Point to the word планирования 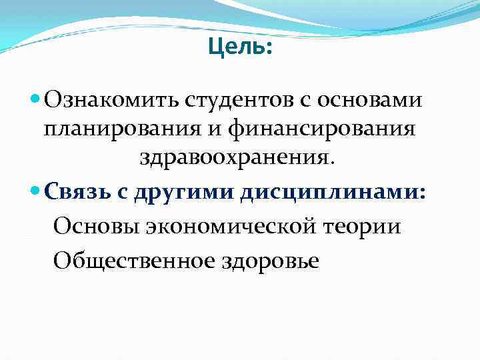(x=141, y=129)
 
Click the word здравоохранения (x=238, y=159)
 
